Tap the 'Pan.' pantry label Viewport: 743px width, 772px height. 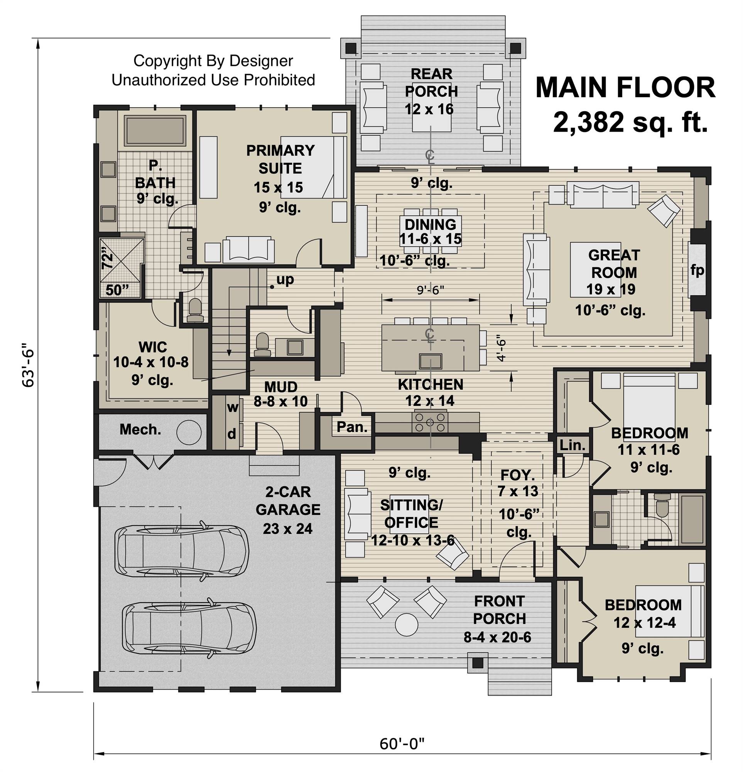click(352, 427)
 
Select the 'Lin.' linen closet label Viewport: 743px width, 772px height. click(572, 445)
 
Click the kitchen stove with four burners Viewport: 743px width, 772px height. click(430, 422)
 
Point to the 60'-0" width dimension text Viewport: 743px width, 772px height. click(402, 744)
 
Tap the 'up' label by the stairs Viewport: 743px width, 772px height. click(285, 279)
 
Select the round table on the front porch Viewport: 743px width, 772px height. click(406, 624)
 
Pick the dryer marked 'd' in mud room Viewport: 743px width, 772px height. click(232, 433)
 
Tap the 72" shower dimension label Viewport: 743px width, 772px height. click(107, 257)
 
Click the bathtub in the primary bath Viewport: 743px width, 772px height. click(155, 130)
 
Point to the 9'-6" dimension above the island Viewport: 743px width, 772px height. click(431, 289)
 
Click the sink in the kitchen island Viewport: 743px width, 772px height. click(431, 361)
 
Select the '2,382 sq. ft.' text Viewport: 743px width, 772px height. click(630, 122)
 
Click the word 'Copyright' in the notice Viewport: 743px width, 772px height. click(167, 61)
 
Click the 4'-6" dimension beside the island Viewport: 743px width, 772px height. click(500, 348)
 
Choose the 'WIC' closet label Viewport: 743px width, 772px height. click(152, 347)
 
